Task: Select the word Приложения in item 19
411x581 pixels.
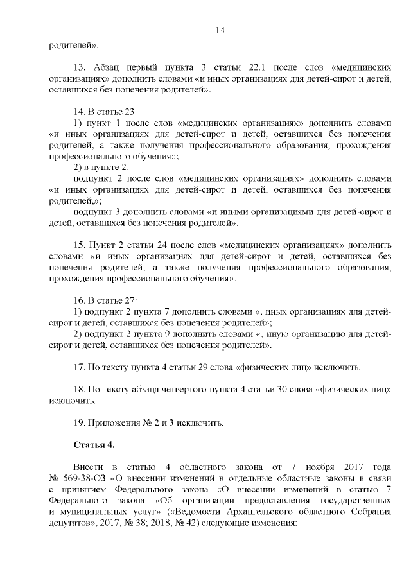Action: point(117,422)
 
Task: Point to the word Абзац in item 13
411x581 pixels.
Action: point(109,67)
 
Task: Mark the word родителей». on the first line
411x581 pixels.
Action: point(74,45)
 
